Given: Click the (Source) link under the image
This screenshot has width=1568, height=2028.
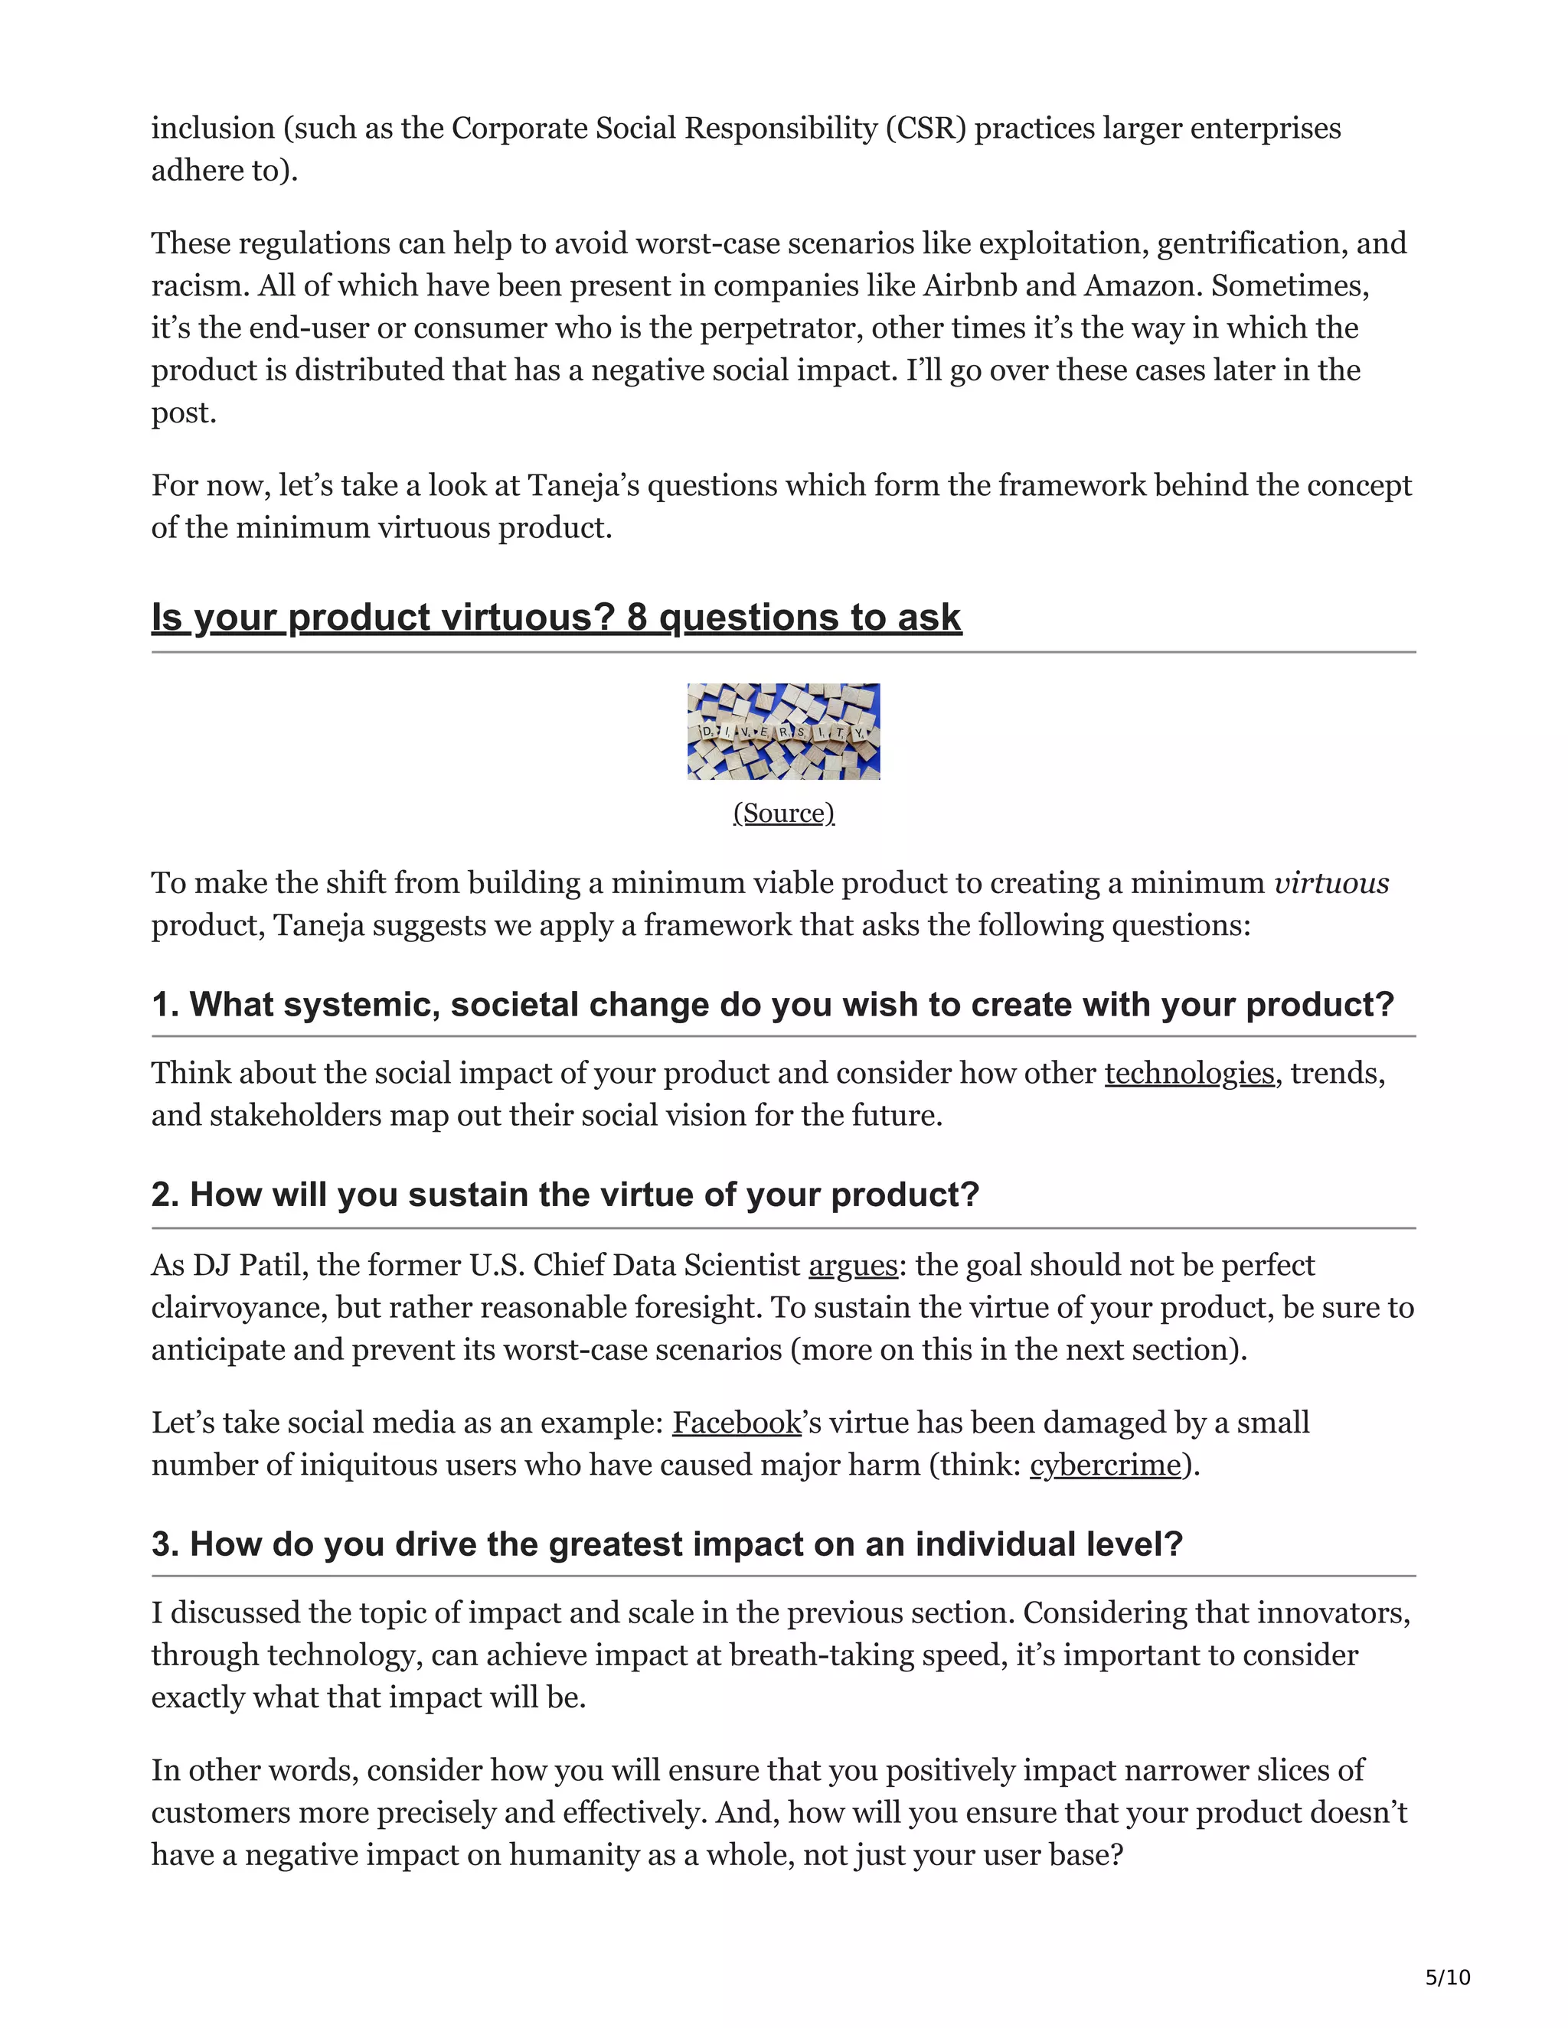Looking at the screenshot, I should point(783,813).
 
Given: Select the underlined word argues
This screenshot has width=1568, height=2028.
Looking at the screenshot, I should point(853,1265).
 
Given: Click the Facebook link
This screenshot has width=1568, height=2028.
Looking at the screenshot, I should point(737,1422).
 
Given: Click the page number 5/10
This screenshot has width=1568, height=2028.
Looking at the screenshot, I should point(1447,1977).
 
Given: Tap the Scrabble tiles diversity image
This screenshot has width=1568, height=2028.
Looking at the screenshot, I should point(783,731).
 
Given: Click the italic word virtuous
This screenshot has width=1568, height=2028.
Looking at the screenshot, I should point(1331,882).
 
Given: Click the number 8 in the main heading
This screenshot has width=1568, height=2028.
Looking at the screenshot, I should point(636,618).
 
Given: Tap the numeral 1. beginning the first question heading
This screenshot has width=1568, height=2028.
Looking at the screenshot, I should point(165,1005).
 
